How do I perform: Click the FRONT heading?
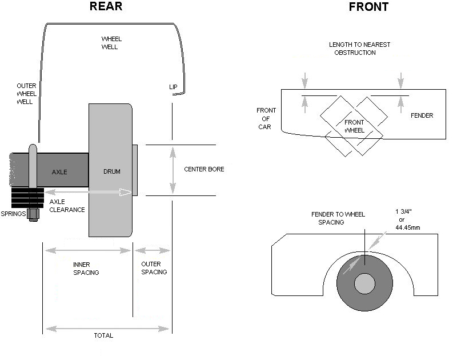368,7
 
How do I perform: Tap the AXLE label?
60,172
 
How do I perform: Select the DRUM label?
112,172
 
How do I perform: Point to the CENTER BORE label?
204,170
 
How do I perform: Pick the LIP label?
174,87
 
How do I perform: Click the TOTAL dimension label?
103,335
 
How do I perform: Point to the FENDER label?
422,115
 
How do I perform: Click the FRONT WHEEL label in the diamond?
354,126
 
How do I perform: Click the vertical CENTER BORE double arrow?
172,170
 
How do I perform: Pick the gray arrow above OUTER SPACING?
152,250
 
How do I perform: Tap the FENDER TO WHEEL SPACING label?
338,218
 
